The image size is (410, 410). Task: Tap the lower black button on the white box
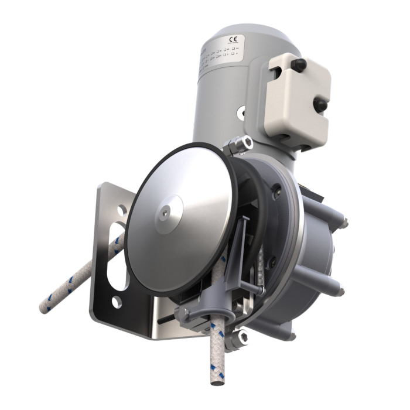(x=320, y=105)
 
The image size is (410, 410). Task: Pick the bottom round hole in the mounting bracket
(x=117, y=302)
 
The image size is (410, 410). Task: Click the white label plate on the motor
(x=220, y=55)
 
